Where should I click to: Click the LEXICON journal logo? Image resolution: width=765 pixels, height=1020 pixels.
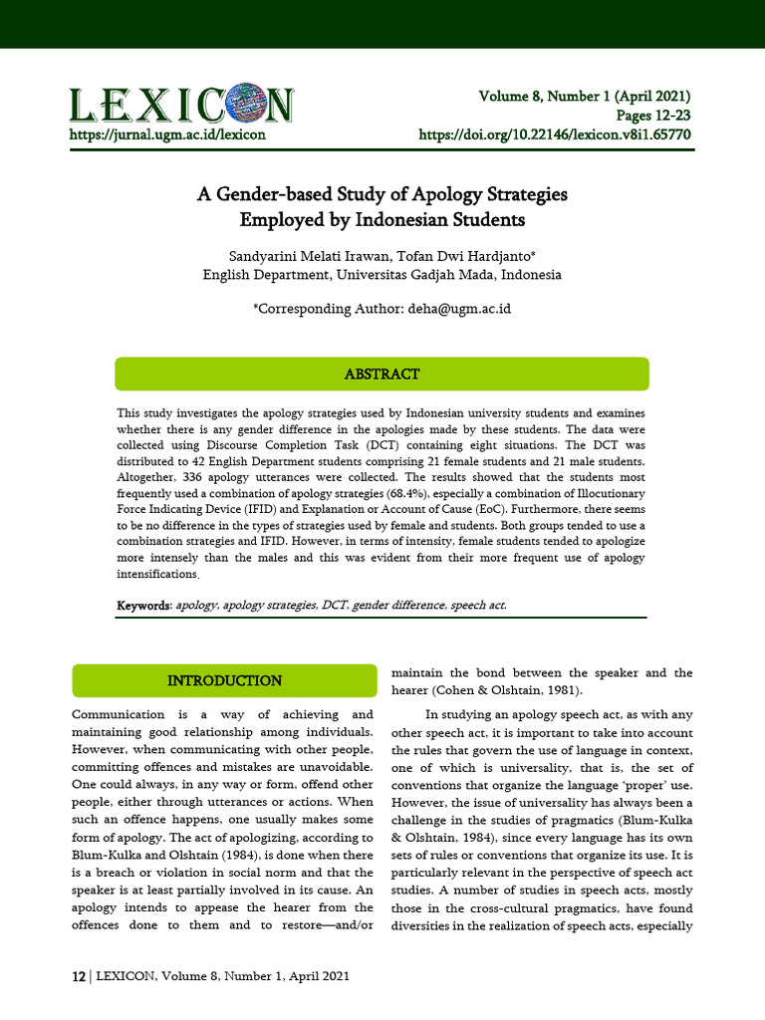pyautogui.click(x=180, y=105)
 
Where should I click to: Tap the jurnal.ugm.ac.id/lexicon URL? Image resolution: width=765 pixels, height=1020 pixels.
pyautogui.click(x=166, y=133)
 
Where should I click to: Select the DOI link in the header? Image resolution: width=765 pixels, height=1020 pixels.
pyautogui.click(x=555, y=133)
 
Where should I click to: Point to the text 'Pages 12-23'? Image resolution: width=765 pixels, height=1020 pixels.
pyautogui.click(x=653, y=115)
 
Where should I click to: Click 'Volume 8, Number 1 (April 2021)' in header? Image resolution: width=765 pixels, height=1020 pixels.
pyautogui.click(x=585, y=97)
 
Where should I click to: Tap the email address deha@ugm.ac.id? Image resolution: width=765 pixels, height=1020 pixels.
pyautogui.click(x=459, y=309)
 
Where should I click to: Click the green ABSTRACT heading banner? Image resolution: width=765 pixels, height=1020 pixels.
pyautogui.click(x=382, y=375)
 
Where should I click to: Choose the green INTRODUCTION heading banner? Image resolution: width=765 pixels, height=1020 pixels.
pyautogui.click(x=224, y=681)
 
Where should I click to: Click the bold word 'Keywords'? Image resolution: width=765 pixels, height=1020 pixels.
pyautogui.click(x=144, y=606)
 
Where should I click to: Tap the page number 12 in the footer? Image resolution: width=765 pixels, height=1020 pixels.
pyautogui.click(x=78, y=977)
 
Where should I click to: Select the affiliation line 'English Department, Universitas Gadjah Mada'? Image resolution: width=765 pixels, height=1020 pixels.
pyautogui.click(x=382, y=274)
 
